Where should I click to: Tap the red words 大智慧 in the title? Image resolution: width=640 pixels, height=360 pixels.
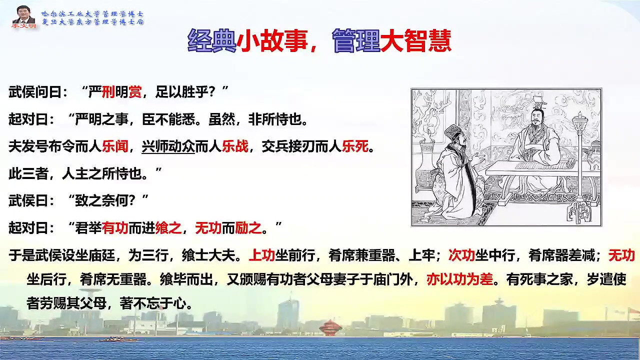415,41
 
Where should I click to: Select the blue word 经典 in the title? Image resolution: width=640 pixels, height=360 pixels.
211,41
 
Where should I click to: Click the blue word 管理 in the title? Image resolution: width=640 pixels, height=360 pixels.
356,41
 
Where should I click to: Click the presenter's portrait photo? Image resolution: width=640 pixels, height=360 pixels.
23,16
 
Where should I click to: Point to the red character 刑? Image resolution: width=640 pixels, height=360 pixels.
108,91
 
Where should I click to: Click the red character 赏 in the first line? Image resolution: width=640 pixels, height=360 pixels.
135,91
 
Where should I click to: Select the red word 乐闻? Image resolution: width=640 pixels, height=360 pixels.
115,146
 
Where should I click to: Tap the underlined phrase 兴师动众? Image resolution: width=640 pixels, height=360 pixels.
168,146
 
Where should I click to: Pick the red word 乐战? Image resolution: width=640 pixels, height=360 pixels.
235,146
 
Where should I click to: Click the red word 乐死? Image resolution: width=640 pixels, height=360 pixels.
355,146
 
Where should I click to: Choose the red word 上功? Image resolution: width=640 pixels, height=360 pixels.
262,255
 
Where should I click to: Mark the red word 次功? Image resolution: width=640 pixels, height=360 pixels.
462,255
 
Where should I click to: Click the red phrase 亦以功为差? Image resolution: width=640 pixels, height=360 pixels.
460,279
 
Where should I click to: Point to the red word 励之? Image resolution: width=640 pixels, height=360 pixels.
248,228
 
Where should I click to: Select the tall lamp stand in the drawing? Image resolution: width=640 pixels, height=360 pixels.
580,168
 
